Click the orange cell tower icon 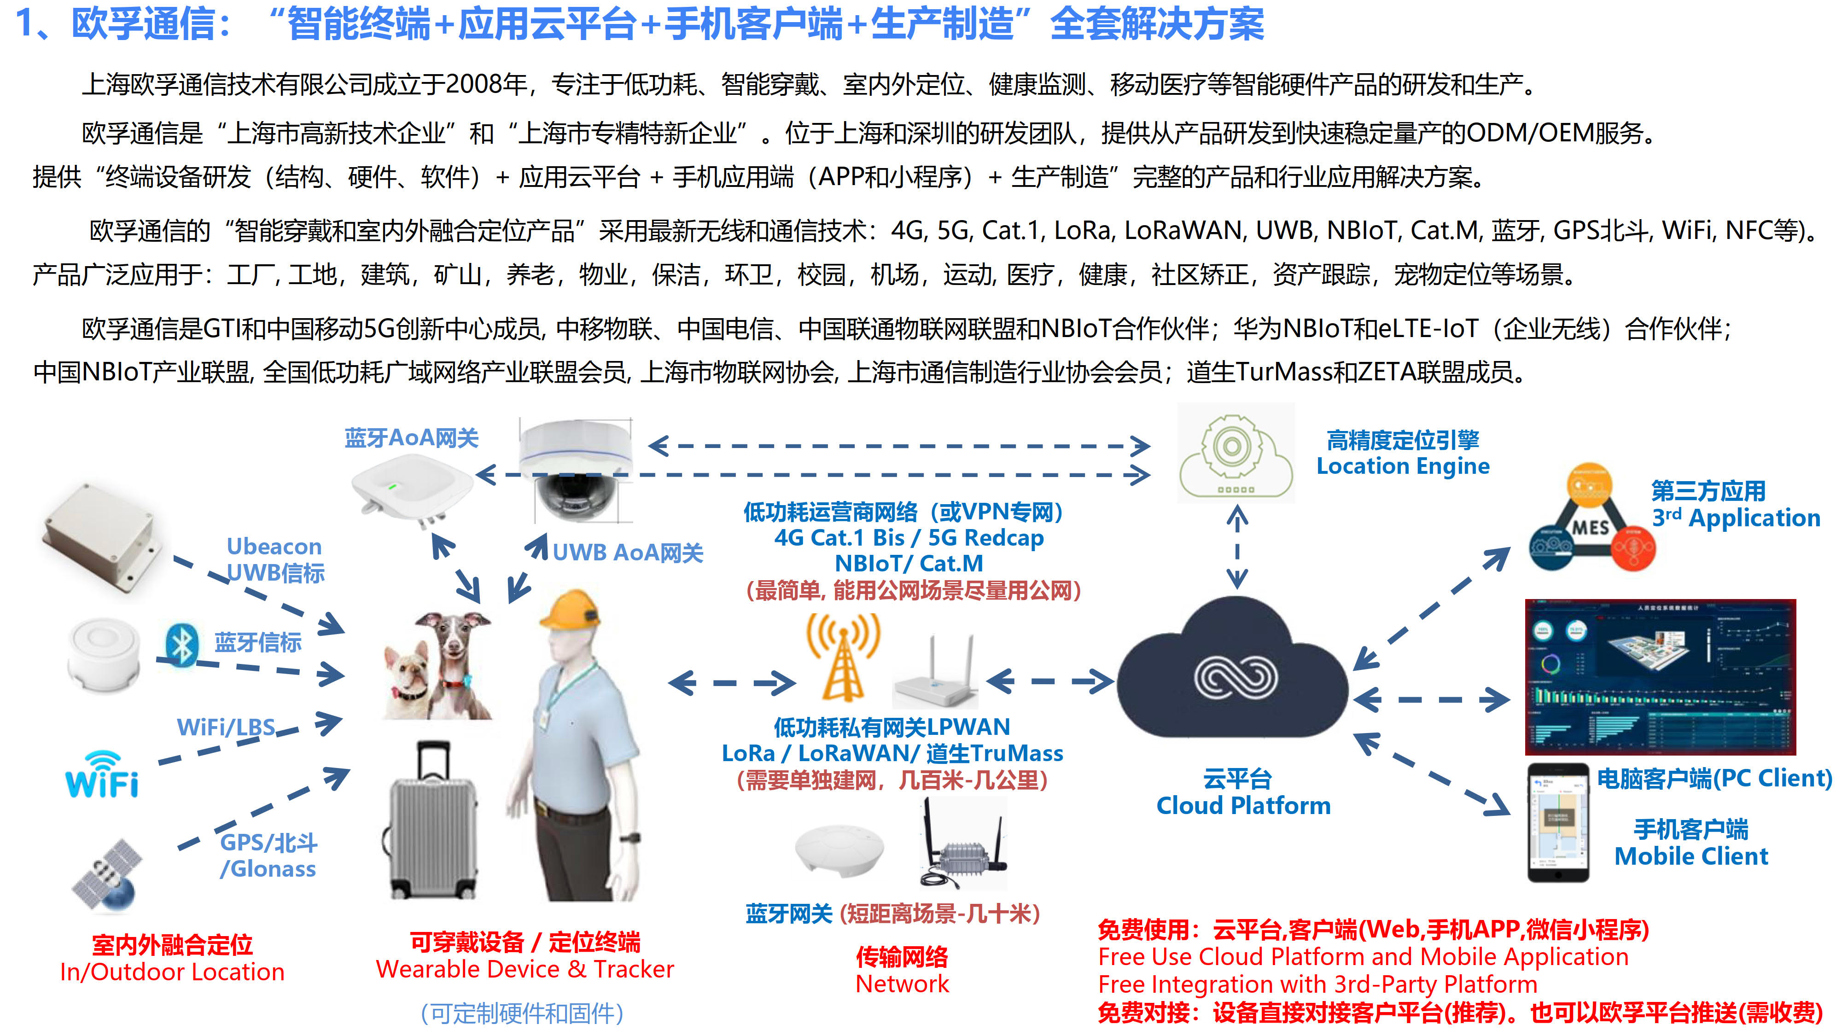click(x=844, y=658)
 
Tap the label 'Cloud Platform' click(x=1243, y=806)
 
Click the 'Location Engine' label click(x=1403, y=466)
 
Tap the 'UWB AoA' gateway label click(x=627, y=553)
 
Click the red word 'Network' click(x=903, y=984)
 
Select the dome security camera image click(x=577, y=468)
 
